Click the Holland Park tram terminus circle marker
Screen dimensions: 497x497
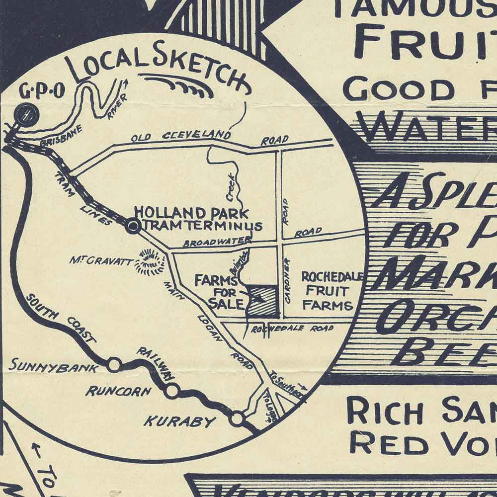pyautogui.click(x=133, y=227)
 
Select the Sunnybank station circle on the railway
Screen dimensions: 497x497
pyautogui.click(x=114, y=365)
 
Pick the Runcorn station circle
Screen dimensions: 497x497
pyautogui.click(x=172, y=391)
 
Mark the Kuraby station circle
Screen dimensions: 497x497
pyautogui.click(x=238, y=418)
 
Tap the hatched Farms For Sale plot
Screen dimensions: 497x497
pyautogui.click(x=263, y=301)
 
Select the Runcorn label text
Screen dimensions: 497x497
pyautogui.click(x=118, y=391)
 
